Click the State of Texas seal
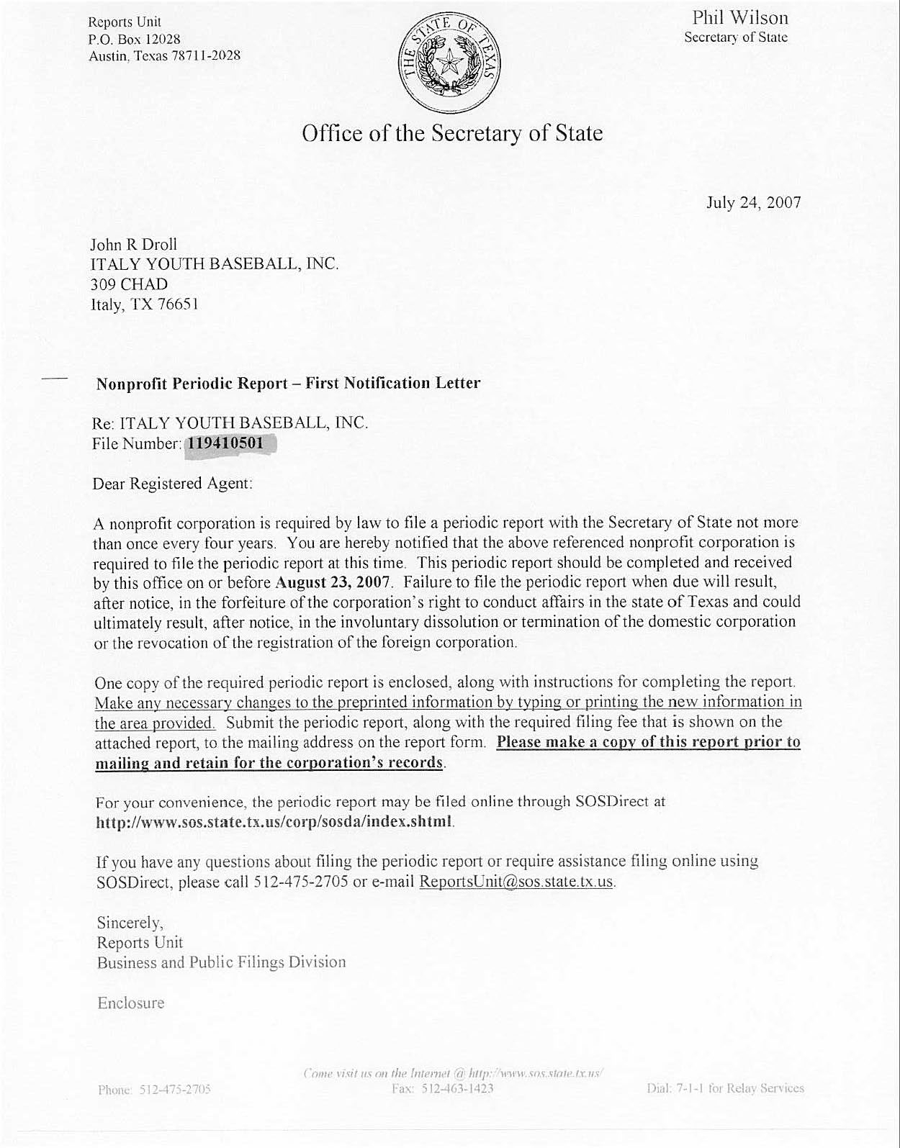tap(449, 63)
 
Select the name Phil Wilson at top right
tap(740, 18)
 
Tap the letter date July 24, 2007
tap(754, 202)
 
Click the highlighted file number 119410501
tap(226, 443)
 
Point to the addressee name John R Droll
tap(133, 244)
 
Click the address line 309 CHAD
tap(130, 284)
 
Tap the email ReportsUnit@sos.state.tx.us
tap(516, 882)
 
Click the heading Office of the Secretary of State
tap(452, 134)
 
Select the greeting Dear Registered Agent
tap(173, 484)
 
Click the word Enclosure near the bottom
tap(130, 1003)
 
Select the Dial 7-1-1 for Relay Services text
tap(725, 1088)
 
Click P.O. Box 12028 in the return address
tap(134, 39)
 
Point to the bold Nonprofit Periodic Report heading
tap(288, 383)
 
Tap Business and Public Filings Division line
tap(221, 962)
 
